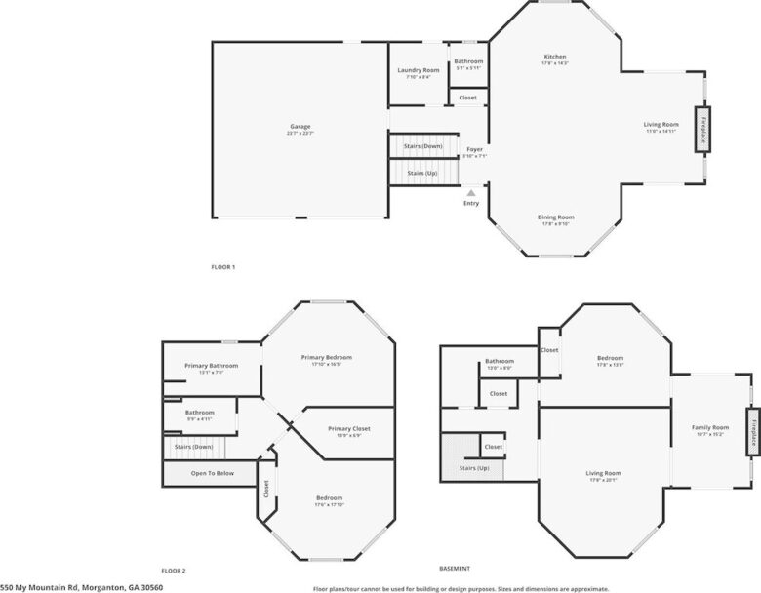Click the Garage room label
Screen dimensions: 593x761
(x=300, y=127)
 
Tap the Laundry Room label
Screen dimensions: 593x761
(x=418, y=71)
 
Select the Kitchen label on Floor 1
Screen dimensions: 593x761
(x=554, y=58)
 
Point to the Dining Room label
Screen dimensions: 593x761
(x=555, y=217)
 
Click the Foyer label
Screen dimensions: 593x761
(x=474, y=150)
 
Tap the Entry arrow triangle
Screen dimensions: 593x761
(x=471, y=193)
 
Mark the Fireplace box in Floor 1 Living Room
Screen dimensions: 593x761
(x=701, y=128)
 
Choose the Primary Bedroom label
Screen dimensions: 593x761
(x=326, y=358)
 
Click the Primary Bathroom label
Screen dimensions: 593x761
(x=211, y=366)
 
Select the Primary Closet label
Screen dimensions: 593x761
(x=348, y=429)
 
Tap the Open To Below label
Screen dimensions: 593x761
(x=211, y=473)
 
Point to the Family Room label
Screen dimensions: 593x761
(x=710, y=428)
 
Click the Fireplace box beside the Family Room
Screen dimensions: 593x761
(x=752, y=432)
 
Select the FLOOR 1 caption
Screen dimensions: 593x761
(x=223, y=266)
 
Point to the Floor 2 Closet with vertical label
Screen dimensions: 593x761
(x=265, y=488)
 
